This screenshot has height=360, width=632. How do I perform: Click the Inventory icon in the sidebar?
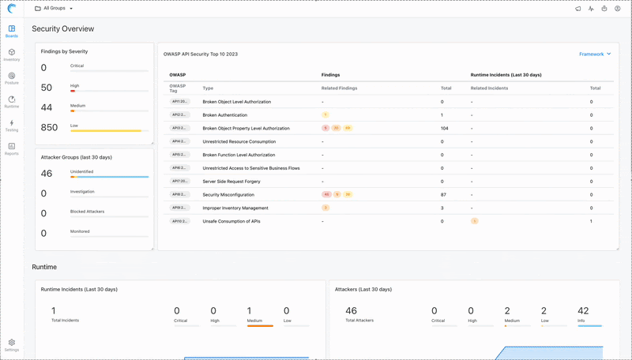pyautogui.click(x=11, y=54)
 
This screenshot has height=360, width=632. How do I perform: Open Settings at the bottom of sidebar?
pyautogui.click(x=11, y=344)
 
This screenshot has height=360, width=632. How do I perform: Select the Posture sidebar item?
pyautogui.click(x=11, y=77)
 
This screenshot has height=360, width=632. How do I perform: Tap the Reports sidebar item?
pyautogui.click(x=11, y=148)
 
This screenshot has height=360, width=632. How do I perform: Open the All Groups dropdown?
pyautogui.click(x=54, y=9)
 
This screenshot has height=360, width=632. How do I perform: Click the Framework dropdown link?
pyautogui.click(x=594, y=54)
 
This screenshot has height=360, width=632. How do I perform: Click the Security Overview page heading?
pyautogui.click(x=62, y=28)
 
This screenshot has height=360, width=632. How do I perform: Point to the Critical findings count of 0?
pyautogui.click(x=44, y=68)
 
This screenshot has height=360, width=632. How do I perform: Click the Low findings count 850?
pyautogui.click(x=49, y=127)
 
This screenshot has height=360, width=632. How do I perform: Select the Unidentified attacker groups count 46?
pyautogui.click(x=47, y=174)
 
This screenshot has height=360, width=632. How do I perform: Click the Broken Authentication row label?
pyautogui.click(x=224, y=115)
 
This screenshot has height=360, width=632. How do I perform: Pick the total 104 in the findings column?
pyautogui.click(x=445, y=128)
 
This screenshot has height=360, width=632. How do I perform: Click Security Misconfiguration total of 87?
pyautogui.click(x=444, y=194)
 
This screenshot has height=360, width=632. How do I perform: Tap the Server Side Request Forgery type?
pyautogui.click(x=231, y=182)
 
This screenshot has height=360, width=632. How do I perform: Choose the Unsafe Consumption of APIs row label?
pyautogui.click(x=231, y=221)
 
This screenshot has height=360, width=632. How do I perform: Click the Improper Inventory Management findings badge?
pyautogui.click(x=325, y=208)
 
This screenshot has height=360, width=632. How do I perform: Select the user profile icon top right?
pyautogui.click(x=617, y=9)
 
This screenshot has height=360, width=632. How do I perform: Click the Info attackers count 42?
pyautogui.click(x=583, y=311)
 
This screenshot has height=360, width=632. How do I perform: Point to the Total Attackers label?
pyautogui.click(x=359, y=321)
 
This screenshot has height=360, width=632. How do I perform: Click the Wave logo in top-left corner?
pyautogui.click(x=11, y=9)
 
